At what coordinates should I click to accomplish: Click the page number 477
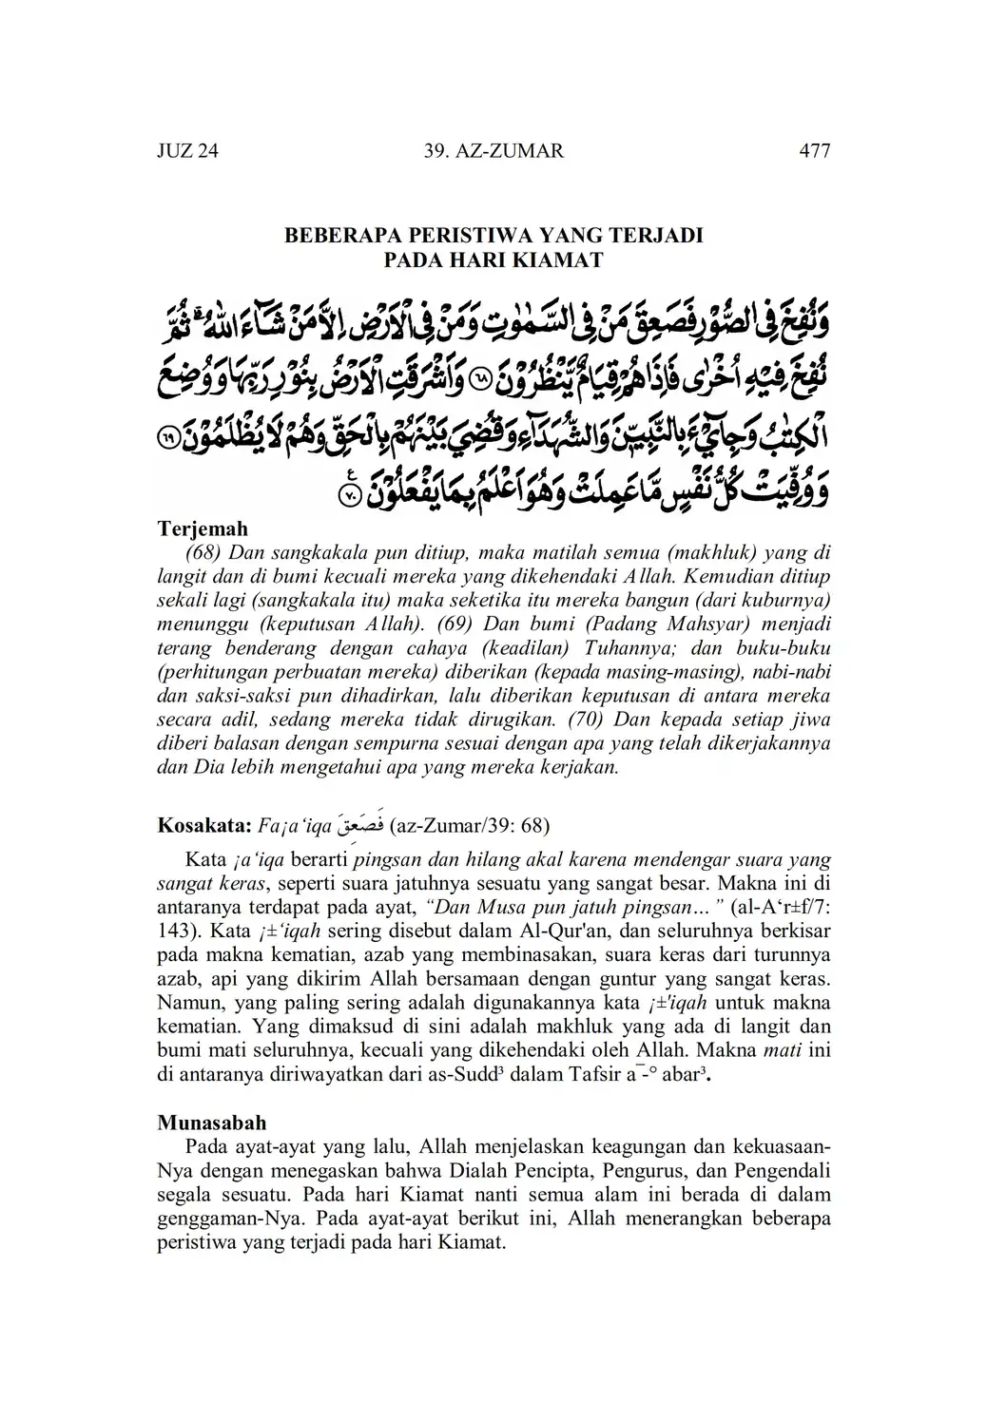815,150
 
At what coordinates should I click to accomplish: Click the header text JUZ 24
187,150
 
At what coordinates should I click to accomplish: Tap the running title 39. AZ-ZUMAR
492,150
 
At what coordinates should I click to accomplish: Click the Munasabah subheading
212,1123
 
